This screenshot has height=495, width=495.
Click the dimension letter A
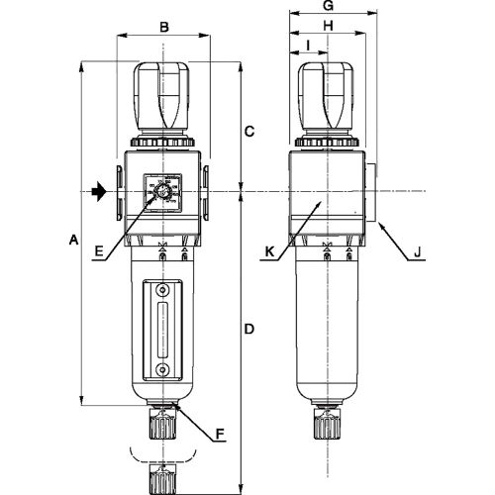click(74, 240)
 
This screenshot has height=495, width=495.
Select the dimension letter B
click(164, 27)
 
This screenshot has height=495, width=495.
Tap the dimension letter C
click(249, 132)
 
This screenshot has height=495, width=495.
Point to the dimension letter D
click(249, 329)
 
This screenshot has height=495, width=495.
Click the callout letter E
click(99, 251)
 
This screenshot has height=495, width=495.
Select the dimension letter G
click(329, 6)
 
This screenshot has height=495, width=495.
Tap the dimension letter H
click(328, 26)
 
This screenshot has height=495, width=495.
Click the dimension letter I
click(308, 46)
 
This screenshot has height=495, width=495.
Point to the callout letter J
click(417, 252)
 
